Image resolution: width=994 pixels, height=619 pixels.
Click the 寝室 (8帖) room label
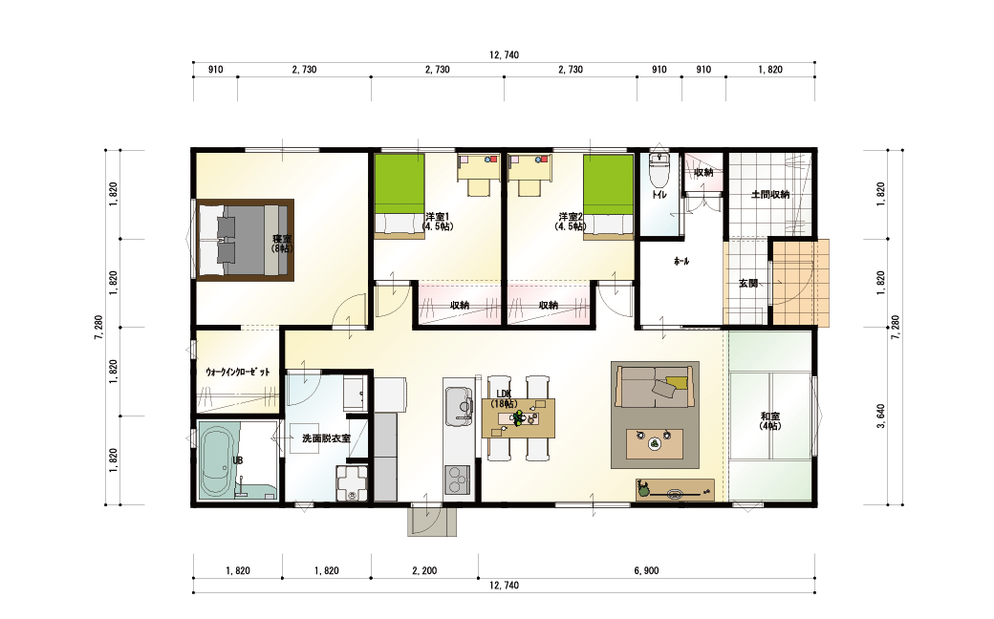(x=282, y=244)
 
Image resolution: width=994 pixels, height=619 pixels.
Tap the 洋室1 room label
(x=438, y=221)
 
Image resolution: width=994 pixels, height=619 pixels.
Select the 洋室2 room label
(x=571, y=221)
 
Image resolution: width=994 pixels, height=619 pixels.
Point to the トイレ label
(x=659, y=195)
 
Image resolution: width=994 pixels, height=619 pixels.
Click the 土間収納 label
(x=770, y=195)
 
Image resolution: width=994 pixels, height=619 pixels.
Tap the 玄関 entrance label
(x=748, y=283)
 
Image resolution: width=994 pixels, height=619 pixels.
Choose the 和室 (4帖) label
(x=770, y=421)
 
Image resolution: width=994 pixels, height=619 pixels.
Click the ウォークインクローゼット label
(x=238, y=372)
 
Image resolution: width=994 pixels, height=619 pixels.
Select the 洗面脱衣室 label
(x=326, y=438)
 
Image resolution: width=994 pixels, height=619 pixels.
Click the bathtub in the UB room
(x=220, y=461)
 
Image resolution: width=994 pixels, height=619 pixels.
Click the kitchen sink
(x=459, y=405)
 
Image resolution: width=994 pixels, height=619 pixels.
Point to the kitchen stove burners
(x=457, y=479)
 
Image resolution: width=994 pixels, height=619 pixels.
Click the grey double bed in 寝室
(x=245, y=240)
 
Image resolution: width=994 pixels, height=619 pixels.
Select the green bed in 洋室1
(x=399, y=196)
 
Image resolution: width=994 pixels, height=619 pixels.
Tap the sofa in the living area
(x=655, y=386)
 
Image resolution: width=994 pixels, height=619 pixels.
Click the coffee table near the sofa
(x=654, y=443)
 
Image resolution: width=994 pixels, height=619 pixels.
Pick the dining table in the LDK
(x=519, y=417)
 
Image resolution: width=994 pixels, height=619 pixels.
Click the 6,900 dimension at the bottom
(x=646, y=571)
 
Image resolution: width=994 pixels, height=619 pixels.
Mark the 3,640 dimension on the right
(x=880, y=416)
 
